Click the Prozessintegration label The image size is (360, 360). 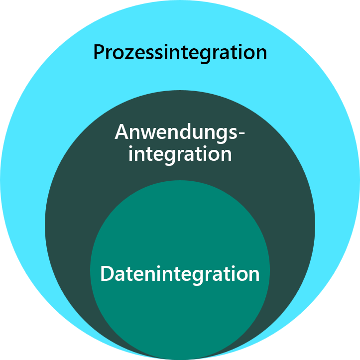point(180,52)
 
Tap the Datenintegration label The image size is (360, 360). point(180,274)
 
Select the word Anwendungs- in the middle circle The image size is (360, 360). point(180,132)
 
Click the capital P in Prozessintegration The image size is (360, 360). point(99,52)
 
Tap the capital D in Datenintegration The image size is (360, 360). point(107,274)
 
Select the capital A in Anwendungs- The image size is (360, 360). point(122,132)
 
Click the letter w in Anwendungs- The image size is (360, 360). point(152,134)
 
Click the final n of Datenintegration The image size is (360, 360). point(254,275)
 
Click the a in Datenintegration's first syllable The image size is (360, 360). point(120,275)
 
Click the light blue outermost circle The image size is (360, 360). point(50,100)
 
